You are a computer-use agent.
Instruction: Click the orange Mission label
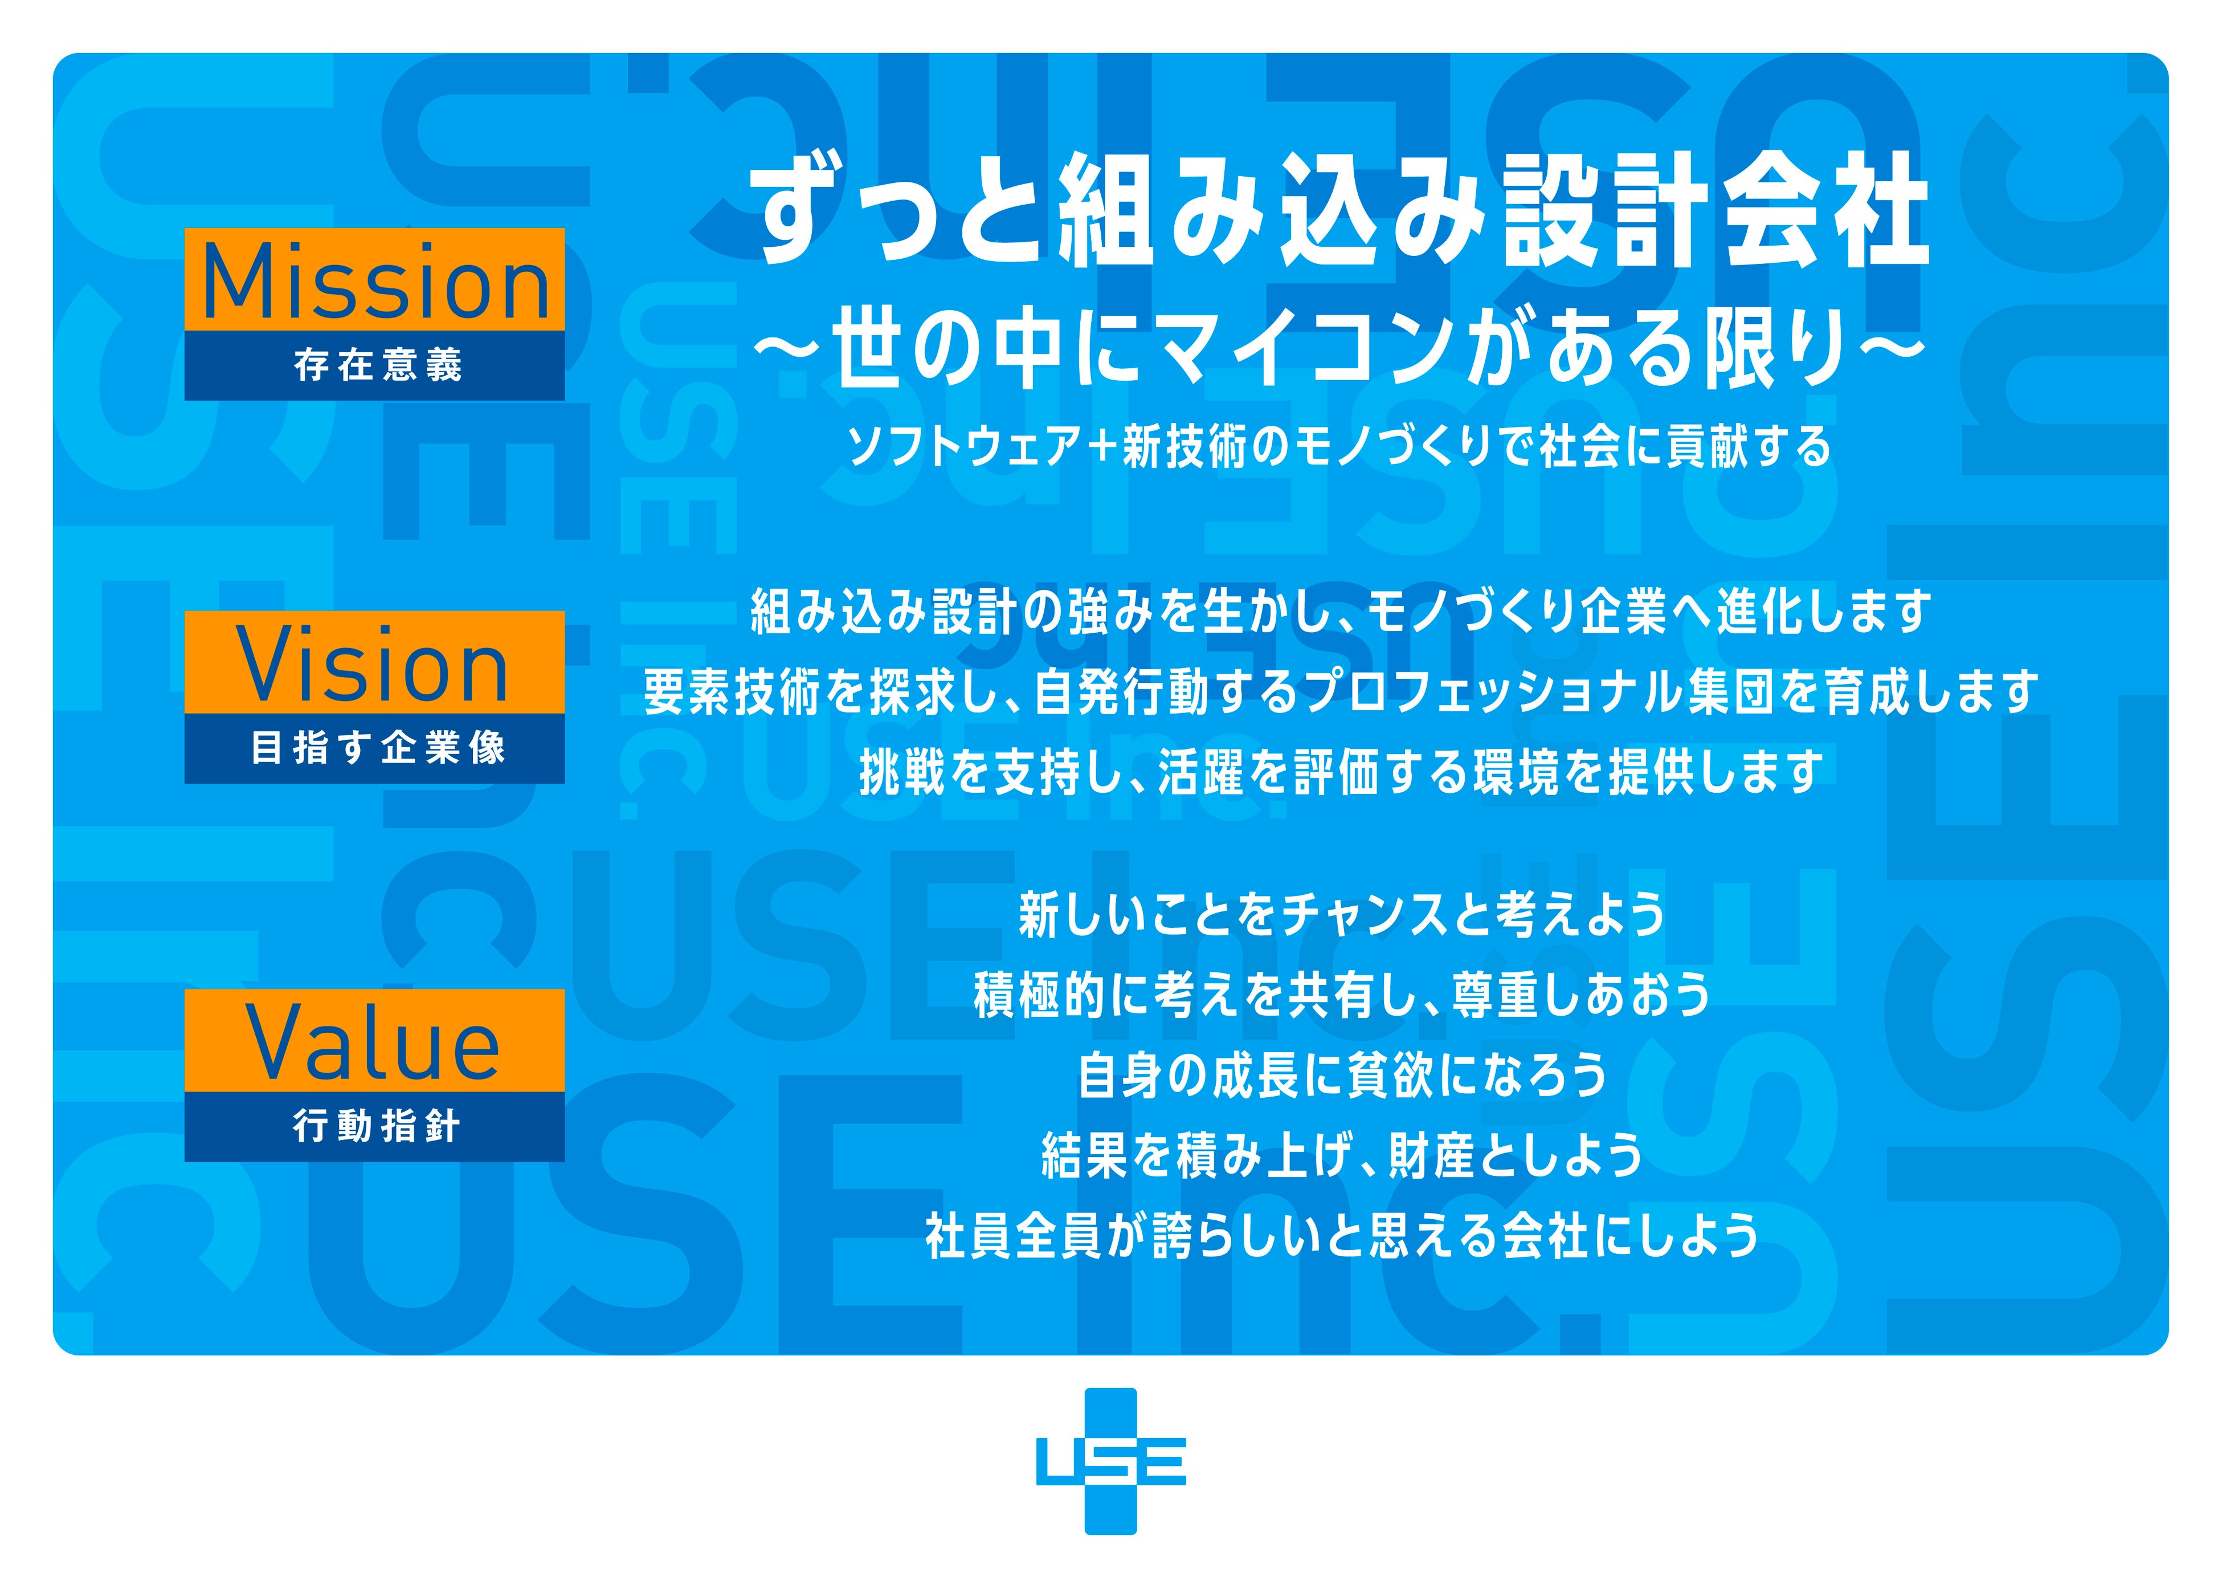coord(374,280)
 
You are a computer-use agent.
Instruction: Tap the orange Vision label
coord(374,663)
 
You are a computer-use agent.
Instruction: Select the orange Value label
coord(374,1041)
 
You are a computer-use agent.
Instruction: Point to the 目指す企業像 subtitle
coord(377,748)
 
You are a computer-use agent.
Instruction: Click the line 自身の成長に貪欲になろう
coord(1342,1076)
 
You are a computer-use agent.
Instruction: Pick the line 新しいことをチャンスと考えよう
coord(1342,915)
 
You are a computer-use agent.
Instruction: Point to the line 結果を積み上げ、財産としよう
coord(1342,1156)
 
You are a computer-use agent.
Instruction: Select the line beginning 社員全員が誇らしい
coord(1342,1236)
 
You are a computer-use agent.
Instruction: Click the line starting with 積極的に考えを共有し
coord(1342,995)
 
